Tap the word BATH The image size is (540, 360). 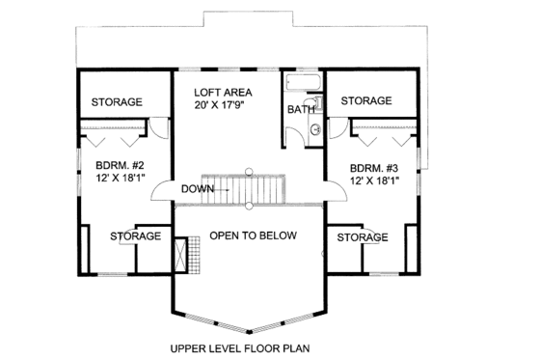point(300,110)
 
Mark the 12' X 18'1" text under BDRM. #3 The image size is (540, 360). point(374,180)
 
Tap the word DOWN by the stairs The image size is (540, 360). point(199,189)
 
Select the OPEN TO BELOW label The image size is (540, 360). point(254,235)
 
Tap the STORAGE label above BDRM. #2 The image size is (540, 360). point(117,102)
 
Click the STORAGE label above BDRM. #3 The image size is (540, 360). point(365,100)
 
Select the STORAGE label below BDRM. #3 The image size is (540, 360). point(363,237)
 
